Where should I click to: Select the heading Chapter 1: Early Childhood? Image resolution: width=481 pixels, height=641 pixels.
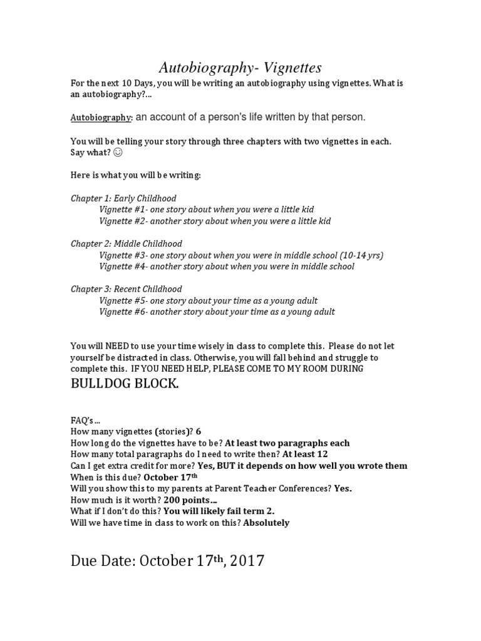[x=123, y=198]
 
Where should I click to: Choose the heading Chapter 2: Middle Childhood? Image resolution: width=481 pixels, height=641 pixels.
[x=127, y=244]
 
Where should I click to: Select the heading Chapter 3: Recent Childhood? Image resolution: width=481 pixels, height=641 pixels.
[x=126, y=289]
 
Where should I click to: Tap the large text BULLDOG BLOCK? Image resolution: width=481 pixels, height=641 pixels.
[x=125, y=383]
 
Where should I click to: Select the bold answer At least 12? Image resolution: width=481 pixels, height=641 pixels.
[x=305, y=454]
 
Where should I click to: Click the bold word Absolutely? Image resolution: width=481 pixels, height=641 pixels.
[x=266, y=523]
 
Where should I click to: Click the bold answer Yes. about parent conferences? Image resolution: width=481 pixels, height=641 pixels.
[x=343, y=488]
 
